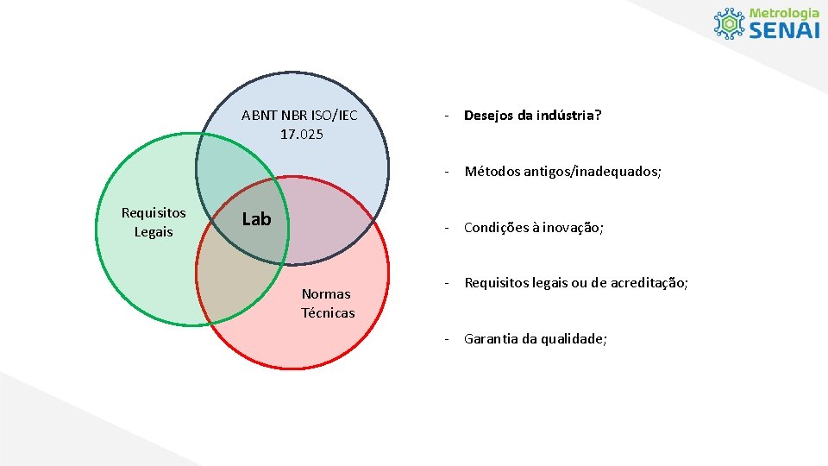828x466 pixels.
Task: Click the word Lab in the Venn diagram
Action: (x=256, y=219)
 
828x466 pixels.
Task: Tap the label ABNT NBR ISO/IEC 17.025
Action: (x=300, y=124)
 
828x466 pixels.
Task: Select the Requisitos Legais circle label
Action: (x=154, y=222)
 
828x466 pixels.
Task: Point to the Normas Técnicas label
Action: (x=328, y=304)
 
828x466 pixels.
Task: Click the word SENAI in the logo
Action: (x=784, y=30)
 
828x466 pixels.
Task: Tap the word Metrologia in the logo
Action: (x=784, y=13)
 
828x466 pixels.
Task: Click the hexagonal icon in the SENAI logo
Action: (x=730, y=23)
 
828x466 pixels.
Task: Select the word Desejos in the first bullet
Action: (x=489, y=115)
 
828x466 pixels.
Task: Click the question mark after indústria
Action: (x=598, y=115)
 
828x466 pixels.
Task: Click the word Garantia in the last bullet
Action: (x=489, y=338)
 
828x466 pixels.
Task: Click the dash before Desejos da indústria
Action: (x=447, y=115)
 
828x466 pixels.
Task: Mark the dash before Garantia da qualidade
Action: (x=447, y=338)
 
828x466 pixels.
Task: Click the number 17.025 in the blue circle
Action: (x=301, y=134)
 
